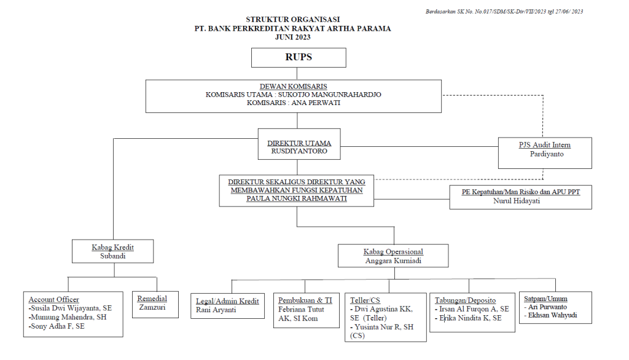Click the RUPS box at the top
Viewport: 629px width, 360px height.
pos(299,57)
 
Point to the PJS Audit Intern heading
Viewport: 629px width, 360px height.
pos(545,145)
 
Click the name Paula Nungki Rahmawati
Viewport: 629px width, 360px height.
pos(296,198)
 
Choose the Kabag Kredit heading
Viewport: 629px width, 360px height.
pos(112,247)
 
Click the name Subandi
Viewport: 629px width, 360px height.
pos(112,256)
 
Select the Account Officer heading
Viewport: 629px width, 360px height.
pos(54,299)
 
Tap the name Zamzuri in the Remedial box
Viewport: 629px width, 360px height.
pos(152,307)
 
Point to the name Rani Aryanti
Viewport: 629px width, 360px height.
pos(216,310)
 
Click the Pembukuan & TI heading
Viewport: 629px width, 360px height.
pos(305,300)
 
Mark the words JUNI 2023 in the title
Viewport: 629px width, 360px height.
pos(292,37)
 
